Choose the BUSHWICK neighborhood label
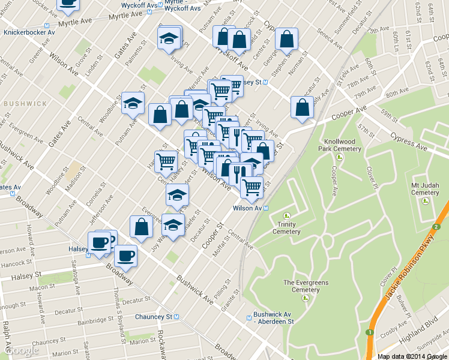coord(25,103)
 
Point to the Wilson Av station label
coord(247,208)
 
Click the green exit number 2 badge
coord(438,227)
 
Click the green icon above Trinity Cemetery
coord(286,215)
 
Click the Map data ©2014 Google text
coord(412,356)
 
